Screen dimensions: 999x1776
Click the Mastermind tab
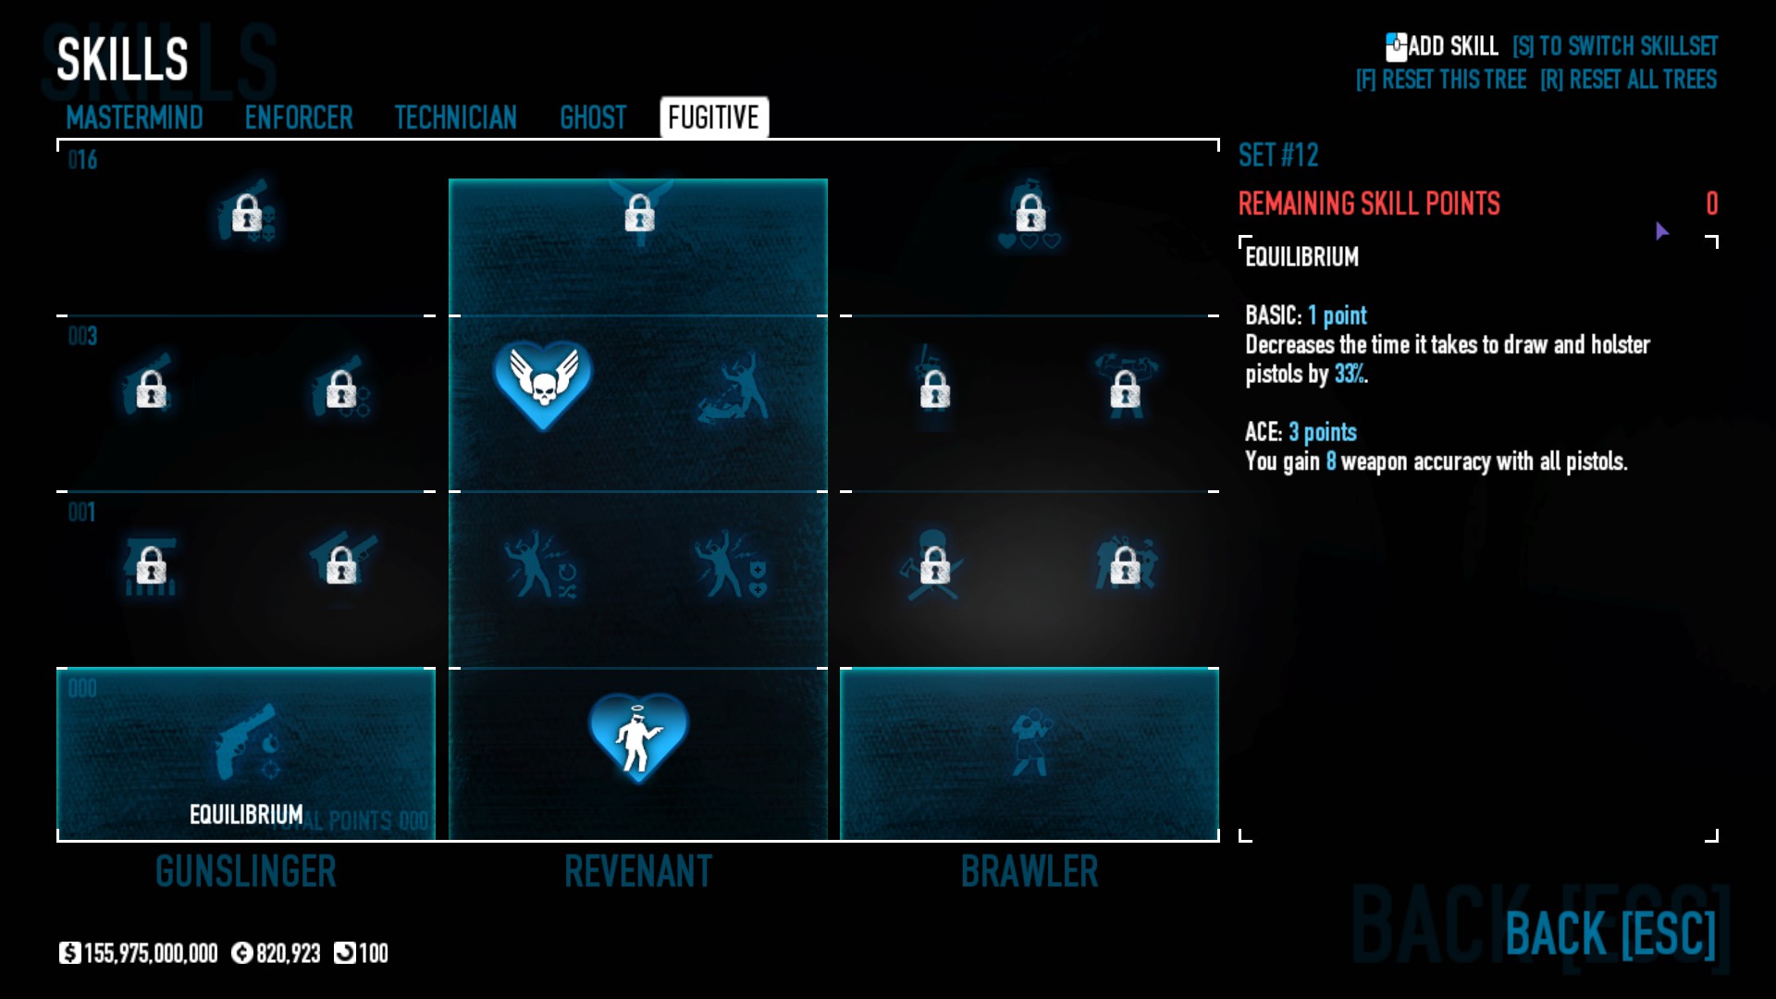coord(134,118)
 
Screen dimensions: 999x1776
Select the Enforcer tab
coord(299,118)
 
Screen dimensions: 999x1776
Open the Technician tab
coord(455,118)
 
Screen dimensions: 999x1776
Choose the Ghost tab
coord(593,118)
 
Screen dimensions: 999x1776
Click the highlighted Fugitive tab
coord(713,117)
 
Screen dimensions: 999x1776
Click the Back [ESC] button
coord(1609,933)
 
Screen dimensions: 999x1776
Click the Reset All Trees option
coord(1628,80)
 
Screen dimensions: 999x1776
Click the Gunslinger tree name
coord(246,871)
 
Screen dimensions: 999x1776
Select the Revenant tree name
coord(638,871)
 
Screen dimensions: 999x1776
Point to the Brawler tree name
coord(1030,871)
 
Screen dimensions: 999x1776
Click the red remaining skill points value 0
coord(1711,203)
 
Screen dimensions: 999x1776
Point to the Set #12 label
coord(1278,155)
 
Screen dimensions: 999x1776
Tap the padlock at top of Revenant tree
coord(639,216)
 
